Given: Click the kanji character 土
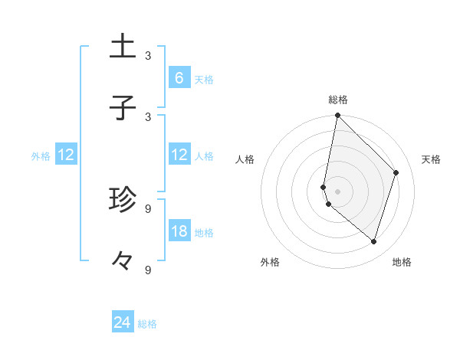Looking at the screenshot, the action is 123,47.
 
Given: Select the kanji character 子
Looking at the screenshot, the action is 123,108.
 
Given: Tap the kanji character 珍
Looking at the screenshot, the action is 123,200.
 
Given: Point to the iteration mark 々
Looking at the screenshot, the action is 123,261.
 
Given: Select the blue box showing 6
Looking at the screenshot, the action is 179,78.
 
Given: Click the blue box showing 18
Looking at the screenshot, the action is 179,231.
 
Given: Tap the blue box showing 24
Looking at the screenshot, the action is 122,322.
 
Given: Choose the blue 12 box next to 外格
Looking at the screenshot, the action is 66,155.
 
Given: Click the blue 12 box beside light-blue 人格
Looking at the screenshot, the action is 179,155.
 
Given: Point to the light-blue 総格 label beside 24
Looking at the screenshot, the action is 147,324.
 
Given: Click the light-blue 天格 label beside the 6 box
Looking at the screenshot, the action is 203,80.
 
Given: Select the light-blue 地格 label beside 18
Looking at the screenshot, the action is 204,233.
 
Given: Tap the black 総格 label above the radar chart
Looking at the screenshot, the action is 338,100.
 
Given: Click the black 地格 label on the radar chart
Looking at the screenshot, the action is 402,263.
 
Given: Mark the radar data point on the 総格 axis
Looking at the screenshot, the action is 337,116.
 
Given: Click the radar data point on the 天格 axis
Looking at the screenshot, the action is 396,172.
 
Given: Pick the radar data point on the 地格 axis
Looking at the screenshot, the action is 374,241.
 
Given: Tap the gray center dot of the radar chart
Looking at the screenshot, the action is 337,191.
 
